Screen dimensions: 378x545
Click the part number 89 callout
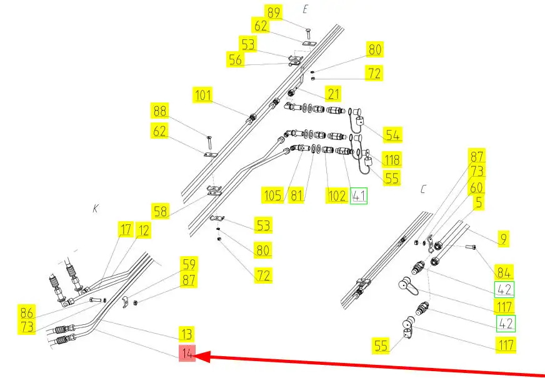[273, 12]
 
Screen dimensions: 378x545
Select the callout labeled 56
[236, 60]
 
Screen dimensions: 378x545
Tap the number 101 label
[203, 96]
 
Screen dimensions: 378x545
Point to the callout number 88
[160, 112]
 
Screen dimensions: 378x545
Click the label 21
[333, 94]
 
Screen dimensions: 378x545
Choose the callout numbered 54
[392, 134]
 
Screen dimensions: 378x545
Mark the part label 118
[392, 159]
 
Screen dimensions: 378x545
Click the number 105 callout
[273, 196]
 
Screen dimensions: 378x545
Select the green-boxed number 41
[359, 196]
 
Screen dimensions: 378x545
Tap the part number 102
[336, 196]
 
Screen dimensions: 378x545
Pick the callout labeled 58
[161, 211]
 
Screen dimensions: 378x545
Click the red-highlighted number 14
[187, 354]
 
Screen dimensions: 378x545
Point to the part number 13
[187, 334]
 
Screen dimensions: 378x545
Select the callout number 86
[27, 312]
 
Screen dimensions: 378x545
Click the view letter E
[306, 9]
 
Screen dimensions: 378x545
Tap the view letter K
[95, 209]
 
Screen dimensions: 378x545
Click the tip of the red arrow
[198, 357]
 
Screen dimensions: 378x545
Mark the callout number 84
[504, 272]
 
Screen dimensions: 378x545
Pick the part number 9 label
[504, 237]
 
